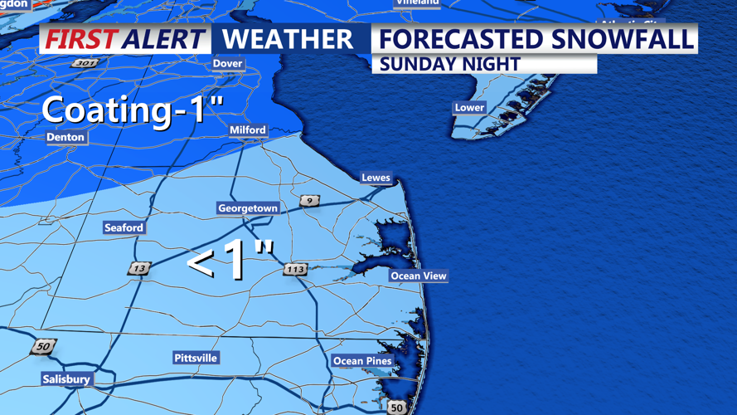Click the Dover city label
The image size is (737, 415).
pyautogui.click(x=227, y=63)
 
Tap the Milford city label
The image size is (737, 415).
pyautogui.click(x=248, y=129)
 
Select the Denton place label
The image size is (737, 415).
pyautogui.click(x=65, y=137)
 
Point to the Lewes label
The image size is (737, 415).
pyautogui.click(x=376, y=178)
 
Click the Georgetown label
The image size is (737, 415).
pyautogui.click(x=247, y=208)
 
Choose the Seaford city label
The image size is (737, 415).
pyautogui.click(x=124, y=227)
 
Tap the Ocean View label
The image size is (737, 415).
pyautogui.click(x=419, y=276)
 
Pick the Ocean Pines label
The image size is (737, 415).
pyautogui.click(x=361, y=361)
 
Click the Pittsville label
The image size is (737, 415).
pyautogui.click(x=196, y=358)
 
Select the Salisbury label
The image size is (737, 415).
pyautogui.click(x=66, y=379)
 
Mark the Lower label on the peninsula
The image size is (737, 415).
pyautogui.click(x=469, y=107)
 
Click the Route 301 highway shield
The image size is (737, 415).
pyautogui.click(x=85, y=63)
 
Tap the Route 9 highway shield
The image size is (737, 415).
pyautogui.click(x=309, y=201)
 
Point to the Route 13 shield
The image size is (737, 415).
pyautogui.click(x=139, y=268)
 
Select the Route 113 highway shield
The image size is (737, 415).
pyautogui.click(x=295, y=269)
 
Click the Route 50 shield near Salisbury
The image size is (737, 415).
pyautogui.click(x=42, y=347)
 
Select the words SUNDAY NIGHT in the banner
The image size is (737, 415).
pyautogui.click(x=449, y=64)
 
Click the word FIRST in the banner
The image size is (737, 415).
pyautogui.click(x=80, y=39)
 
